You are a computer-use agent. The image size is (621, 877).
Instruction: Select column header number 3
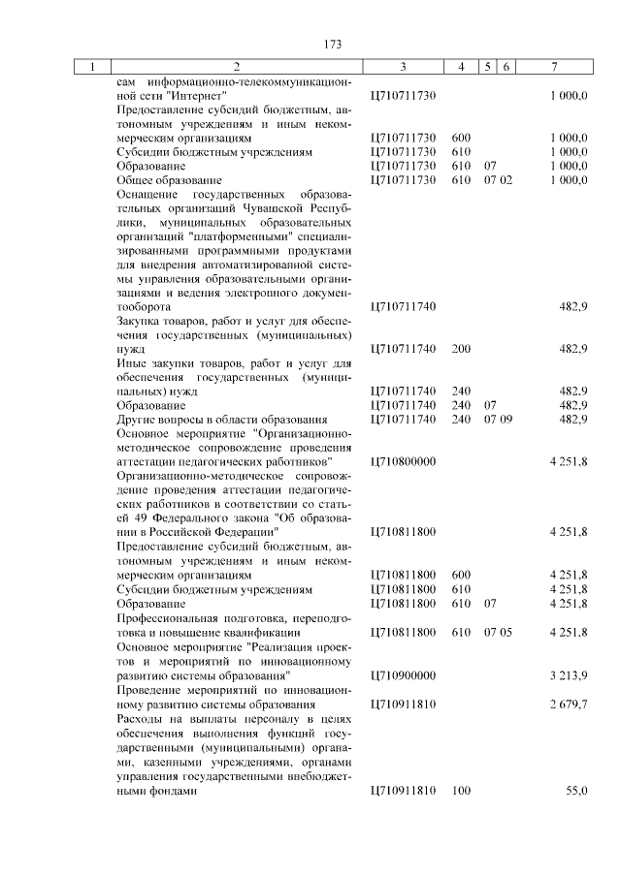click(403, 67)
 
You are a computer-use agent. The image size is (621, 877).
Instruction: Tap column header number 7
click(553, 67)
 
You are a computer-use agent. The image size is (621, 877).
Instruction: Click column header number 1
click(93, 67)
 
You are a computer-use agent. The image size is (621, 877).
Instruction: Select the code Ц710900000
click(403, 674)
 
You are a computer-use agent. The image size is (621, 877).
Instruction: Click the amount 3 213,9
click(568, 674)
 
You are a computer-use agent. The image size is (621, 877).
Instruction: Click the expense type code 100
click(461, 792)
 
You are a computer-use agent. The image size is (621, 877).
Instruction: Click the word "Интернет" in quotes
click(195, 96)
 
